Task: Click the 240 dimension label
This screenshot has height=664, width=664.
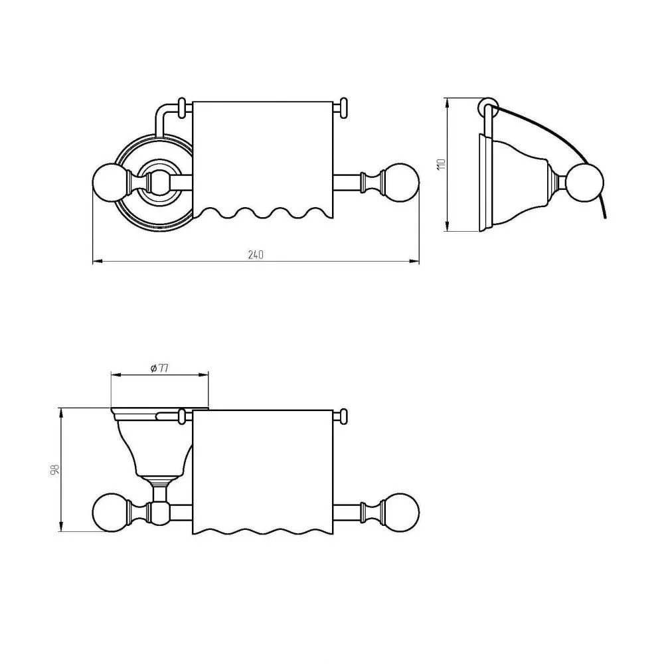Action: (256, 254)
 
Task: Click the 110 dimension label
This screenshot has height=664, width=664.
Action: (441, 164)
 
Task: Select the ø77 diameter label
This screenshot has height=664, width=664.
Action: (159, 368)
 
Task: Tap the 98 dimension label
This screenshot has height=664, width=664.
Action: (54, 469)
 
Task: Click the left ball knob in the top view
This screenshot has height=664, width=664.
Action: (108, 183)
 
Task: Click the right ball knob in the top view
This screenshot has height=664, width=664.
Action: (403, 183)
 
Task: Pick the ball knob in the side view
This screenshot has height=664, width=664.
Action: (586, 183)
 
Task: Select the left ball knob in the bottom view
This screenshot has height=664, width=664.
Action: (108, 512)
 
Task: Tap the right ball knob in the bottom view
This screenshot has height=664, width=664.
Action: (403, 512)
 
